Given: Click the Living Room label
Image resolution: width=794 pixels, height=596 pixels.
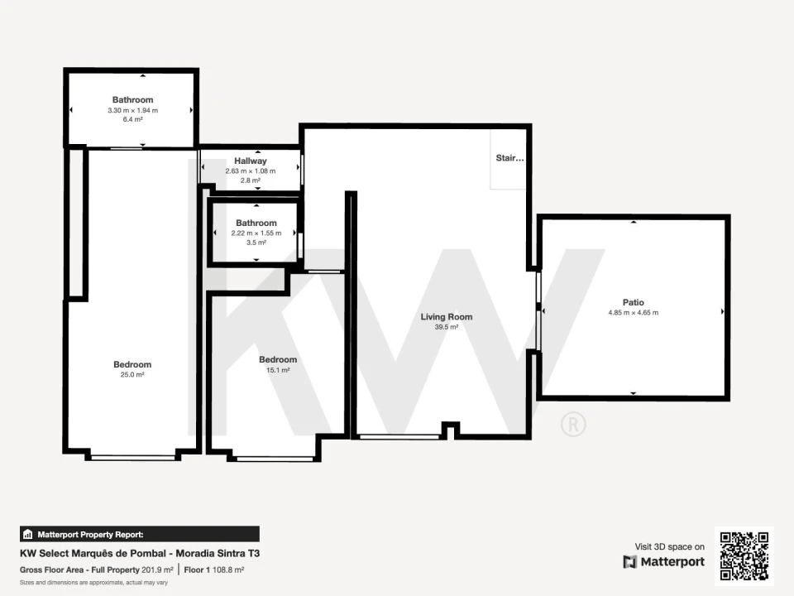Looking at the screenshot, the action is [x=446, y=317].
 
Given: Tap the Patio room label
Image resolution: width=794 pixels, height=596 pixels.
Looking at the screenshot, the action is [x=633, y=302].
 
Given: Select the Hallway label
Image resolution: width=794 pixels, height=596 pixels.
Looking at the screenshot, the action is [x=250, y=161].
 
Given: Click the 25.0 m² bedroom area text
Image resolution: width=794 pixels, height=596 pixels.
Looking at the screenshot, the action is [x=132, y=374].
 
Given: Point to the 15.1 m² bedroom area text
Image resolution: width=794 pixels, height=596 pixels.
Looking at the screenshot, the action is [x=278, y=370].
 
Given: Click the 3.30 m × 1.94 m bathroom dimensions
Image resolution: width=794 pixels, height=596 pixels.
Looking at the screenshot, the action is [x=132, y=110].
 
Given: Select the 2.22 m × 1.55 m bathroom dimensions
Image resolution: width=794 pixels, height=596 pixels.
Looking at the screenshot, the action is [x=256, y=233].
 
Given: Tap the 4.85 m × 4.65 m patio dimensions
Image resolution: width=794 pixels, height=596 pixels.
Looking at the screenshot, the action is [x=634, y=313].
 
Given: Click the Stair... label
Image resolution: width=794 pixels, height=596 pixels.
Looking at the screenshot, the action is [x=510, y=157].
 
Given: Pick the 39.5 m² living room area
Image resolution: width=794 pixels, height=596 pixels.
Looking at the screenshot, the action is [x=446, y=327].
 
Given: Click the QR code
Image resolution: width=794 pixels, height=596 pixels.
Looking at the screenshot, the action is [x=744, y=556].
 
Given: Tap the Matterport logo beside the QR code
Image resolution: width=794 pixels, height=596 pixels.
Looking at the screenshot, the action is [x=664, y=561].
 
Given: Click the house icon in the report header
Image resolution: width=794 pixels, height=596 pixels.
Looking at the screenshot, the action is [x=28, y=534].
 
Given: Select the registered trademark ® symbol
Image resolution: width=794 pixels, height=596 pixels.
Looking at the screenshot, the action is [x=573, y=424].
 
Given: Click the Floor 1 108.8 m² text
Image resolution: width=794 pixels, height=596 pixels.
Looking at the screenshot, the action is [x=214, y=570].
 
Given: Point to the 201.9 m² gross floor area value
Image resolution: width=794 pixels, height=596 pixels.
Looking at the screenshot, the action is [x=157, y=570].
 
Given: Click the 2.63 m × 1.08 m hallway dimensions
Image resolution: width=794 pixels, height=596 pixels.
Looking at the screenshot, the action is [x=250, y=171].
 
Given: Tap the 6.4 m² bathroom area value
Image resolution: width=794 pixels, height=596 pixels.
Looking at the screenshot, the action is [x=132, y=119].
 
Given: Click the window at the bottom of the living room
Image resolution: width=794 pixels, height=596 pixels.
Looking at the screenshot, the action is [x=399, y=436].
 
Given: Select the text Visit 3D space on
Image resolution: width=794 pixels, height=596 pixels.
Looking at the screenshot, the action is [x=669, y=547].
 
